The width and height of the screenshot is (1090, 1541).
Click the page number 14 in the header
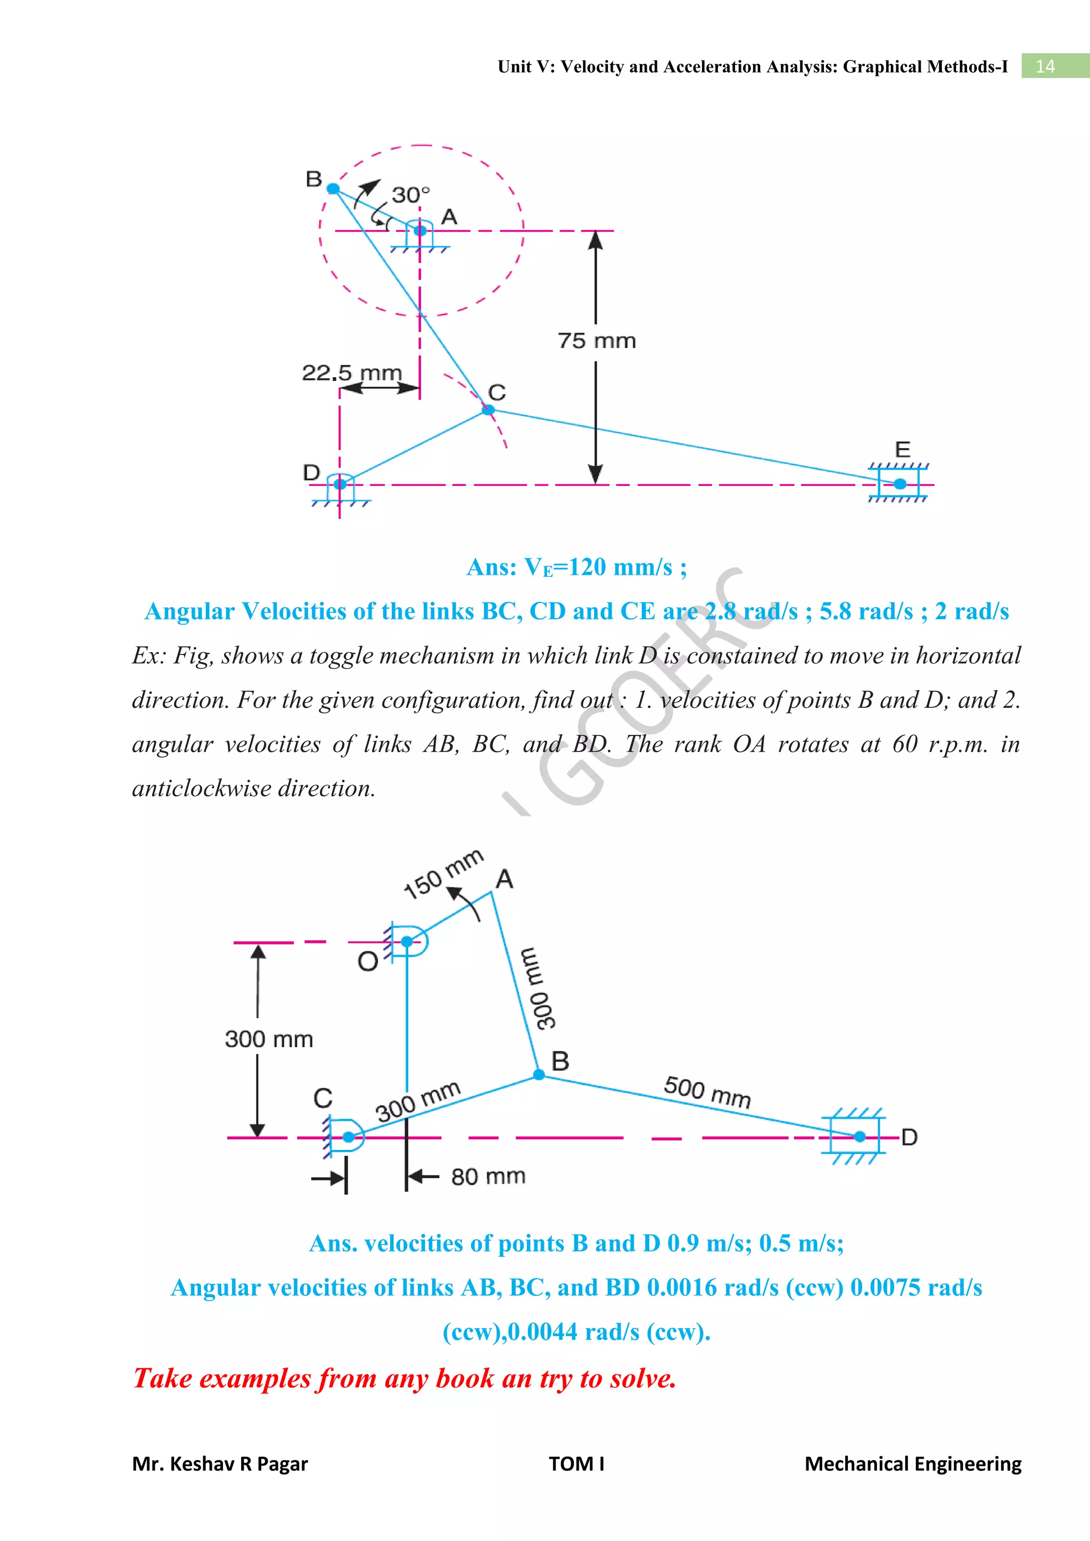pyautogui.click(x=1045, y=67)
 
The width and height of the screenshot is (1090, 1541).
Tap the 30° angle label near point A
pyautogui.click(x=410, y=195)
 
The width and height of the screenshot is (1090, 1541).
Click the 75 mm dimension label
pyautogui.click(x=596, y=341)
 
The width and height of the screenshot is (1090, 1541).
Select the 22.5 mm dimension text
pyautogui.click(x=352, y=372)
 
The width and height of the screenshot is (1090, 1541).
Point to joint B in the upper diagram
pyautogui.click(x=333, y=188)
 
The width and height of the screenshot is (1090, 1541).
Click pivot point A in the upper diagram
pyautogui.click(x=420, y=231)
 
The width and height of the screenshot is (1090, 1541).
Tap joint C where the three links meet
pyautogui.click(x=489, y=409)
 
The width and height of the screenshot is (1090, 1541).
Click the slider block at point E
pyautogui.click(x=899, y=483)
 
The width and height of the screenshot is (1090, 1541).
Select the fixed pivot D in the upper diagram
pyautogui.click(x=340, y=484)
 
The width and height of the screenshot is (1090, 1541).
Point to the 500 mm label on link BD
pyautogui.click(x=707, y=1091)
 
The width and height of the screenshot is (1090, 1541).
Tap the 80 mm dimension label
pyautogui.click(x=488, y=1177)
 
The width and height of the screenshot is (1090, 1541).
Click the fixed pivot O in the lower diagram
pyautogui.click(x=407, y=942)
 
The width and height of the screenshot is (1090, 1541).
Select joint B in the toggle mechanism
pyautogui.click(x=539, y=1074)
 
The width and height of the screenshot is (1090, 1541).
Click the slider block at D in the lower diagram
pyautogui.click(x=859, y=1136)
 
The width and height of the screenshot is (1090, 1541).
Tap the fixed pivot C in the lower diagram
pyautogui.click(x=349, y=1136)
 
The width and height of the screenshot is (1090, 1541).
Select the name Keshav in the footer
pyautogui.click(x=196, y=1463)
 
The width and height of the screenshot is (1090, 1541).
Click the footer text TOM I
pyautogui.click(x=576, y=1463)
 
